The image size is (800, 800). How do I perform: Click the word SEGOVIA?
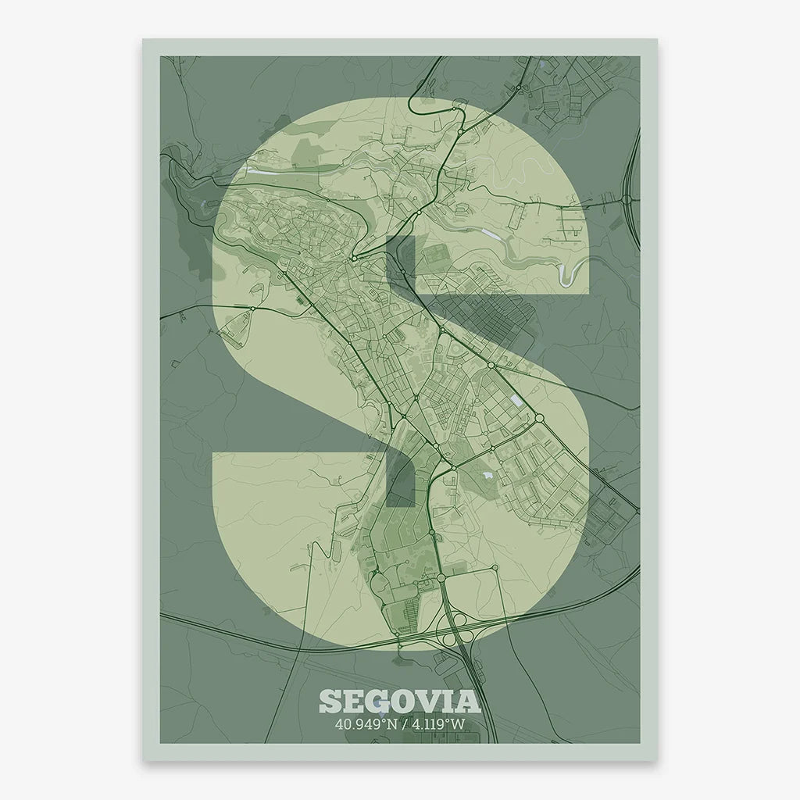pos(399,701)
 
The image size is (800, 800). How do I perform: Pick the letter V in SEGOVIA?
pos(432,701)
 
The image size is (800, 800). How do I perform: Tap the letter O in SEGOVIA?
pos(404,701)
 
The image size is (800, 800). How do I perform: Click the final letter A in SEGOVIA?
pos(469,701)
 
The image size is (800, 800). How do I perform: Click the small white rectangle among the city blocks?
pos(516,401)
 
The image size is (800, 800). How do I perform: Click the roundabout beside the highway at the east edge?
pos(626,199)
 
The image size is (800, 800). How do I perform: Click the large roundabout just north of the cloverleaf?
pos(441,578)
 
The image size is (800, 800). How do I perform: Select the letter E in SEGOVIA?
pos(352,701)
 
